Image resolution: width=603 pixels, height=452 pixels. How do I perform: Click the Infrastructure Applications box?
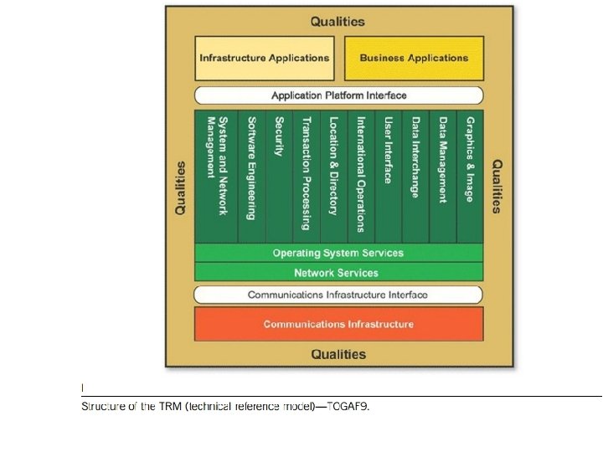pyautogui.click(x=264, y=58)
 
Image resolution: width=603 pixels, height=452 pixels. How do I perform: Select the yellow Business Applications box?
pyautogui.click(x=414, y=58)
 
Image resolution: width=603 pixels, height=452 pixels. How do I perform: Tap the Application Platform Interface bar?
pyautogui.click(x=338, y=95)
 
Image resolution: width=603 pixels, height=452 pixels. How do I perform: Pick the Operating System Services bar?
pyautogui.click(x=338, y=253)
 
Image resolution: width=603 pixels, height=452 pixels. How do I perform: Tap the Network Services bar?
pyautogui.click(x=338, y=273)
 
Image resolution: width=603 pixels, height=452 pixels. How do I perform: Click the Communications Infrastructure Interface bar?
pyautogui.click(x=338, y=295)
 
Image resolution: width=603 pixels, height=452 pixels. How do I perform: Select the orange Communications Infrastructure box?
pyautogui.click(x=338, y=324)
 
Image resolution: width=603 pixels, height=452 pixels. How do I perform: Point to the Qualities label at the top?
pyautogui.click(x=338, y=22)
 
